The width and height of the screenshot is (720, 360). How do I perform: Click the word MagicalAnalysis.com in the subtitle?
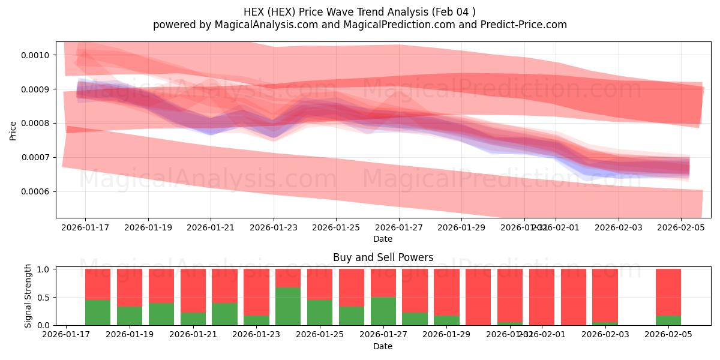click(x=262, y=25)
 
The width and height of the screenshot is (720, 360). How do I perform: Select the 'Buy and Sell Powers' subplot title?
click(x=383, y=257)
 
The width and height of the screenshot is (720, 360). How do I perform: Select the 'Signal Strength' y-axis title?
click(x=28, y=296)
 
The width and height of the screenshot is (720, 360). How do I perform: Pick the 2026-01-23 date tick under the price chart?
click(x=274, y=228)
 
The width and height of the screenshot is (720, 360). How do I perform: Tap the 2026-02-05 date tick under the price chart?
click(x=680, y=228)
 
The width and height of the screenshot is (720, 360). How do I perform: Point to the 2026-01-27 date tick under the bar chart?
click(x=383, y=335)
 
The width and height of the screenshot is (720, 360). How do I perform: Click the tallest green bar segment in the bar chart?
click(x=288, y=306)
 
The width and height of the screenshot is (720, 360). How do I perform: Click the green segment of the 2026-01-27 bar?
click(x=383, y=311)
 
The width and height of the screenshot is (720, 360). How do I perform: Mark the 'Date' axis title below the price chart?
click(x=383, y=239)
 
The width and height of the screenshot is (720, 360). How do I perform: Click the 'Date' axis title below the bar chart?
click(x=383, y=346)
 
